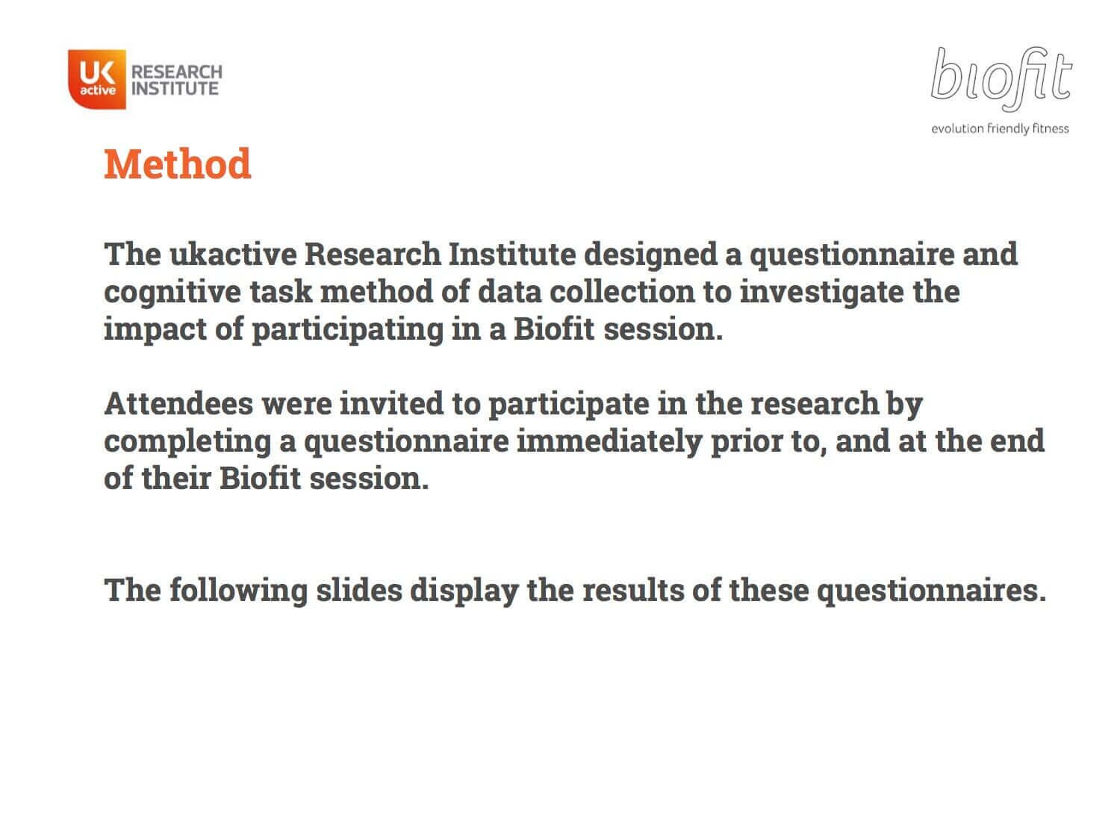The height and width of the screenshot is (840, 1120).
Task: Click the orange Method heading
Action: coord(177,164)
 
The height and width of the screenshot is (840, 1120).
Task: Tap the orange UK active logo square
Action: coord(97,79)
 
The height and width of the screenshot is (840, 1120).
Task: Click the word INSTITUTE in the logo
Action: coord(175,89)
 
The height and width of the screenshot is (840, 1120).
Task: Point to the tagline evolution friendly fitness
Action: coord(1000,128)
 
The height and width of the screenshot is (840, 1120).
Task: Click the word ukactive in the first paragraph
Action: coord(233,254)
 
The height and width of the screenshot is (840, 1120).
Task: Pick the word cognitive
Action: coord(172,293)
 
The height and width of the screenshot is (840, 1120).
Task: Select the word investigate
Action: coord(821,293)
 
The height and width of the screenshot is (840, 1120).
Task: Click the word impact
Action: coord(155,329)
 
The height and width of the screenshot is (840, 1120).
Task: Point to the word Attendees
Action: coord(178,403)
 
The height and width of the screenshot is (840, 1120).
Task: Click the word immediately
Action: coord(609,442)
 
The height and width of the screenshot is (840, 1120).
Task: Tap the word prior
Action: coord(747,442)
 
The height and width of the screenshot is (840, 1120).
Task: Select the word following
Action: coord(238,591)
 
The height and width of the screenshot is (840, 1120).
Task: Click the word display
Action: coord(464,591)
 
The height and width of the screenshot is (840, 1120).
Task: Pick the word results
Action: coord(633,591)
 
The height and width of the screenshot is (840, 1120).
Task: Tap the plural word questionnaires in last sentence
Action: coord(931,591)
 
